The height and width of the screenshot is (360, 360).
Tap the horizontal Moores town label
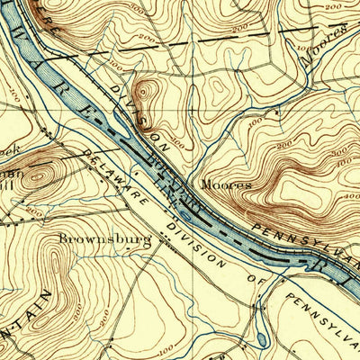pyautogui.click(x=225, y=184)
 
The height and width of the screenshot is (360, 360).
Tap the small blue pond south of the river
pyautogui.click(x=260, y=339)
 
